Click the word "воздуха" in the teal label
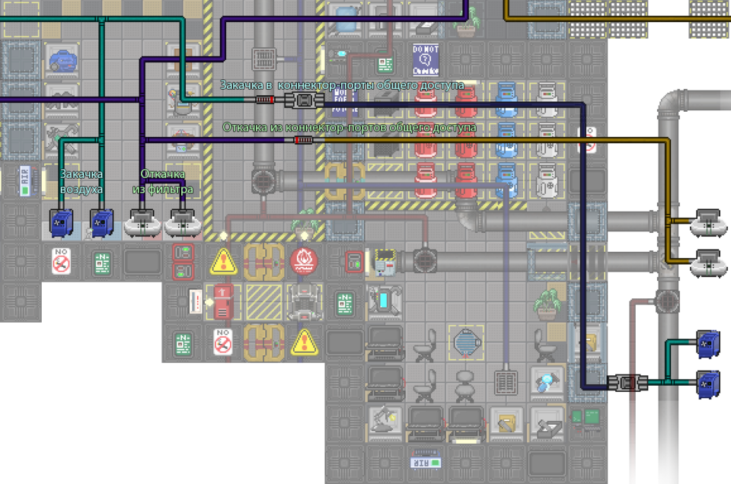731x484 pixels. coord(81,189)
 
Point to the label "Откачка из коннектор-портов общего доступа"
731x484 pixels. coord(350,127)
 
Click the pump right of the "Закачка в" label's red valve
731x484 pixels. coord(304,100)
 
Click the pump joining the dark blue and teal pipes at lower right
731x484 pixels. coord(627,382)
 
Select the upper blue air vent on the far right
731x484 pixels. coord(708,344)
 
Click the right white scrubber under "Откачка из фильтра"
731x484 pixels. coord(183,223)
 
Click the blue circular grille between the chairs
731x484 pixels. coord(464,340)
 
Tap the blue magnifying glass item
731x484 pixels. coord(544,380)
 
